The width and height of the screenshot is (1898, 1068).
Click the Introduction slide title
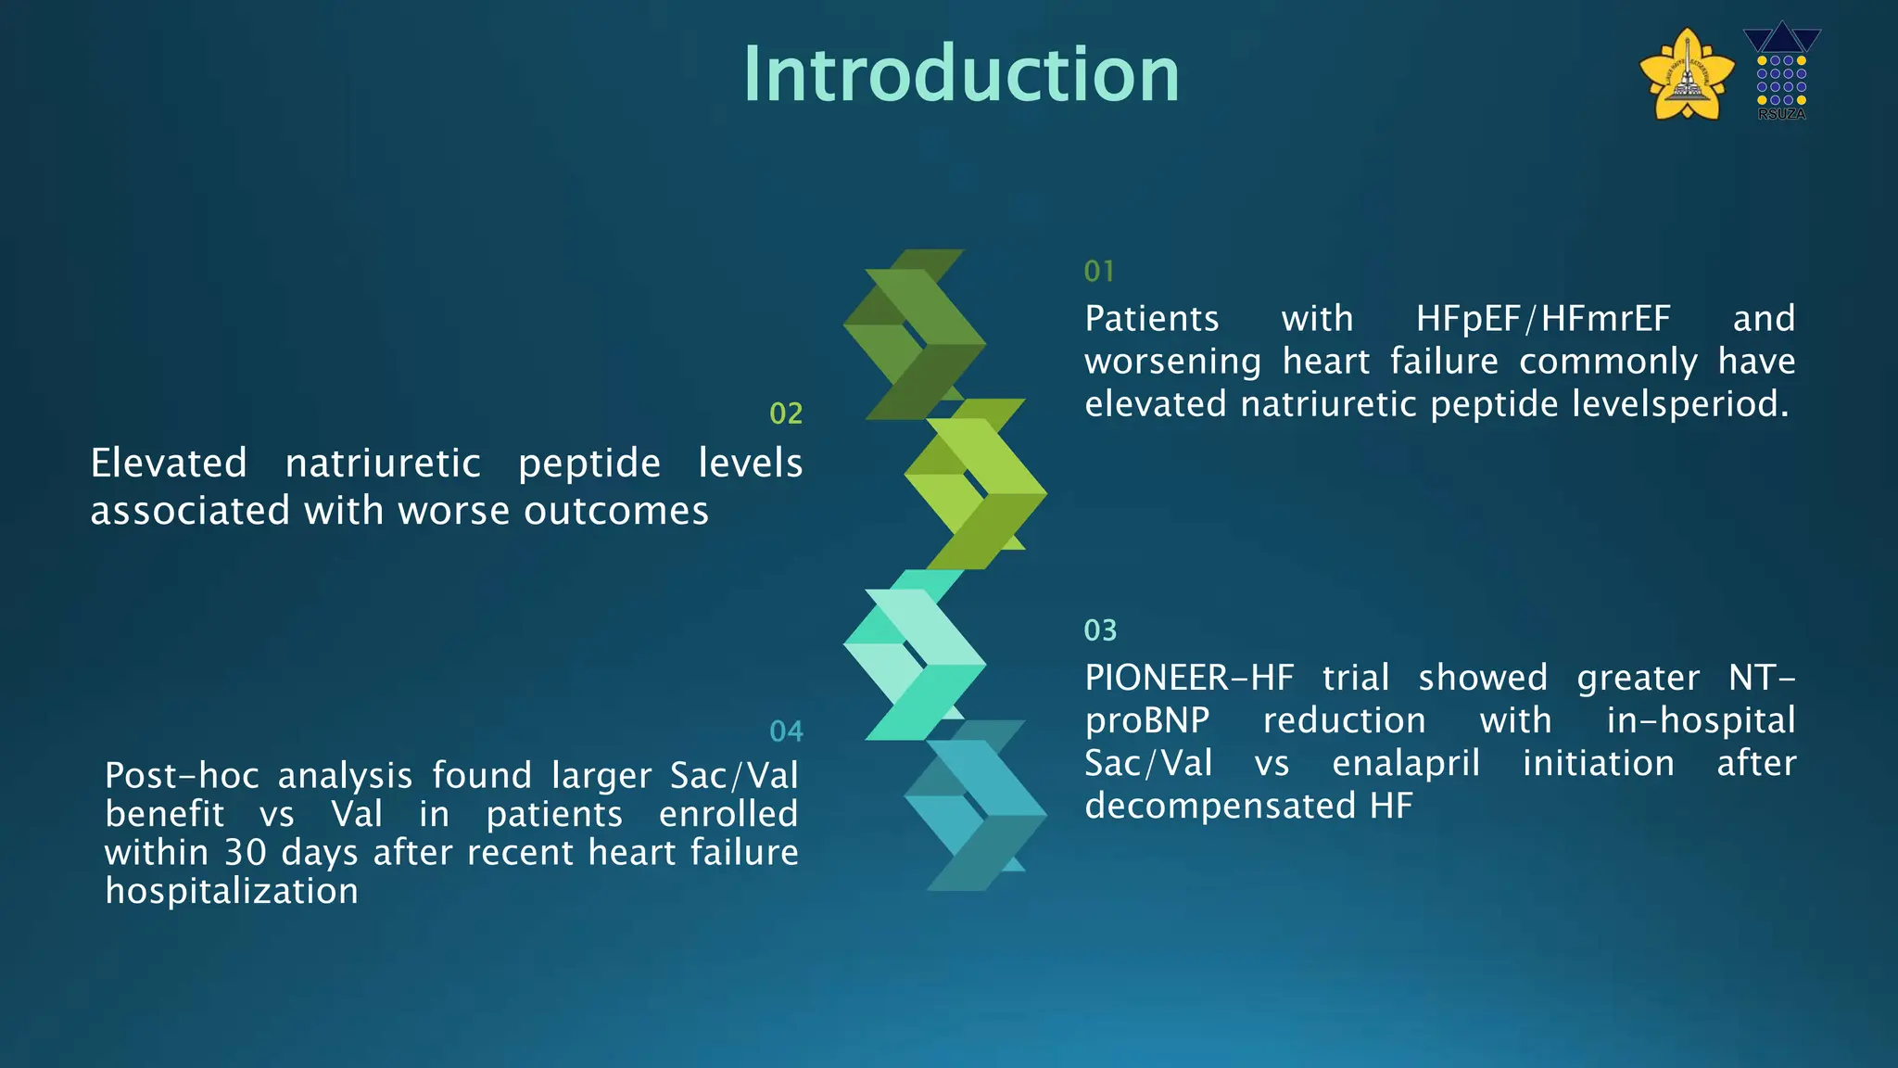tap(961, 74)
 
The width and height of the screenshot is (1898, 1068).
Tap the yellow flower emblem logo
tap(1687, 74)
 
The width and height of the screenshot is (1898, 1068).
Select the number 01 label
tap(1099, 272)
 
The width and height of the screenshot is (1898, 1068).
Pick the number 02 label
tap(786, 413)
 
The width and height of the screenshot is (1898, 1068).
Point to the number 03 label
tap(1100, 630)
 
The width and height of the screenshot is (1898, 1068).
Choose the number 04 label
tap(786, 731)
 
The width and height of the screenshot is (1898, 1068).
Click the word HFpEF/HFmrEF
tap(1543, 319)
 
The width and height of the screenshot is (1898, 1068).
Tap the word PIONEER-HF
tap(1189, 678)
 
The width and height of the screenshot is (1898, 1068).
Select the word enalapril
tap(1405, 763)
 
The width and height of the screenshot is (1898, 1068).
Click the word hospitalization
tap(232, 891)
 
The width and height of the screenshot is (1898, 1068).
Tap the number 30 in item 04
tap(246, 852)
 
